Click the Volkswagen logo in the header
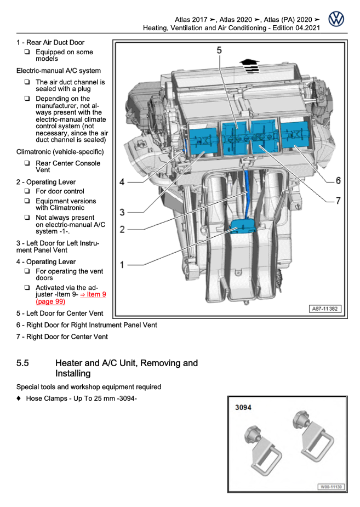tap(336, 20)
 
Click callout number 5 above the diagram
tap(219, 50)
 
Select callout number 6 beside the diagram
tap(338, 180)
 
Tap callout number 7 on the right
tap(338, 201)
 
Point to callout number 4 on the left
tap(122, 182)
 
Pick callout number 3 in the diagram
tap(122, 212)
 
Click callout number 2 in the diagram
tap(122, 230)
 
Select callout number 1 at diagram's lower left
tap(122, 265)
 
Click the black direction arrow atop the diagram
tap(249, 65)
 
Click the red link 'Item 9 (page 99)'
tap(71, 298)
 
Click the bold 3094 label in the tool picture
tap(244, 407)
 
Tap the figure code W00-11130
tap(331, 487)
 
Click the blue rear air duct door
tap(242, 226)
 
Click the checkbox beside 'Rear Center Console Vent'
tap(26, 163)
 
